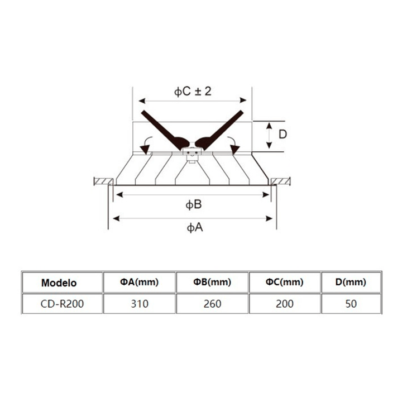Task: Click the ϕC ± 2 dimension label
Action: click(x=193, y=92)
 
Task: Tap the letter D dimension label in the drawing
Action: click(x=283, y=135)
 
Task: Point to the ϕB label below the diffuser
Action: click(x=194, y=204)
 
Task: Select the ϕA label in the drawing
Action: click(x=195, y=227)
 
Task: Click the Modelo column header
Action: click(x=59, y=283)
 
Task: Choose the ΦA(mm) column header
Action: click(x=140, y=282)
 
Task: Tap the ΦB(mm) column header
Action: click(x=212, y=282)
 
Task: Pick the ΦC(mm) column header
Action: click(x=285, y=282)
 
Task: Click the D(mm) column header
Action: click(x=351, y=282)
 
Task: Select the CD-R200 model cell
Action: click(x=63, y=304)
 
